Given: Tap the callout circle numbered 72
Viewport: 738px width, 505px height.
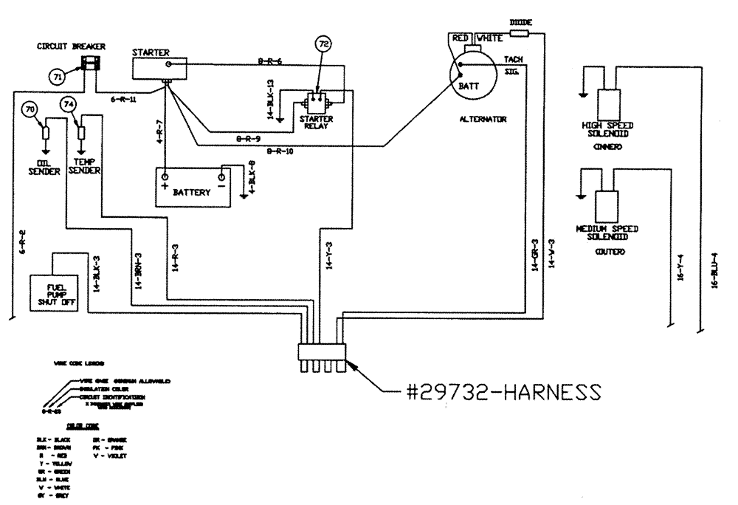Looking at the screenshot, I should click(x=323, y=45).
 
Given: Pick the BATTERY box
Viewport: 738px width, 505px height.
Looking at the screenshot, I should click(x=193, y=187).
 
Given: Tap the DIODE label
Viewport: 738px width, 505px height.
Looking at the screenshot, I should click(x=522, y=23).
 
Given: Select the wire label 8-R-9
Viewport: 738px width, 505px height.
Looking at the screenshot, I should click(x=248, y=137).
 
